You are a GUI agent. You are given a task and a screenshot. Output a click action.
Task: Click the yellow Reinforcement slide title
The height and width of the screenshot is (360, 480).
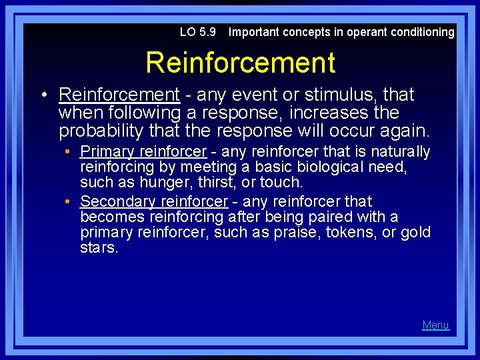(x=240, y=63)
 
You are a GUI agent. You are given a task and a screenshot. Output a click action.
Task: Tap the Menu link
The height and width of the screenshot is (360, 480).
(x=435, y=325)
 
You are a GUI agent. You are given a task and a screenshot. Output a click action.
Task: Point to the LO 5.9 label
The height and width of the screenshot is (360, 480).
(x=198, y=32)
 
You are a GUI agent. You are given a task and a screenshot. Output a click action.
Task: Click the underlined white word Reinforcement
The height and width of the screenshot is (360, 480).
(x=119, y=95)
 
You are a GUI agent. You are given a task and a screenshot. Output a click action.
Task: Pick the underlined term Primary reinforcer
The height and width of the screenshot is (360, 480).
(x=143, y=152)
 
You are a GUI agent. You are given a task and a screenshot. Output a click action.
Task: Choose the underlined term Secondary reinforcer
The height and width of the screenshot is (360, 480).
(x=153, y=201)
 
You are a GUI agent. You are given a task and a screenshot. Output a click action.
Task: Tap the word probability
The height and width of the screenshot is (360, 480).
(x=99, y=131)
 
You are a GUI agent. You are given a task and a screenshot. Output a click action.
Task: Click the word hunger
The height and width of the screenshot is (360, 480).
(x=163, y=182)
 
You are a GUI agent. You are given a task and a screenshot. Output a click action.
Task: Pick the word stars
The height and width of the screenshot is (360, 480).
(x=99, y=248)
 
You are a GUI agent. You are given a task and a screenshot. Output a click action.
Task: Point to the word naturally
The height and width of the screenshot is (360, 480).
(x=400, y=152)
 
